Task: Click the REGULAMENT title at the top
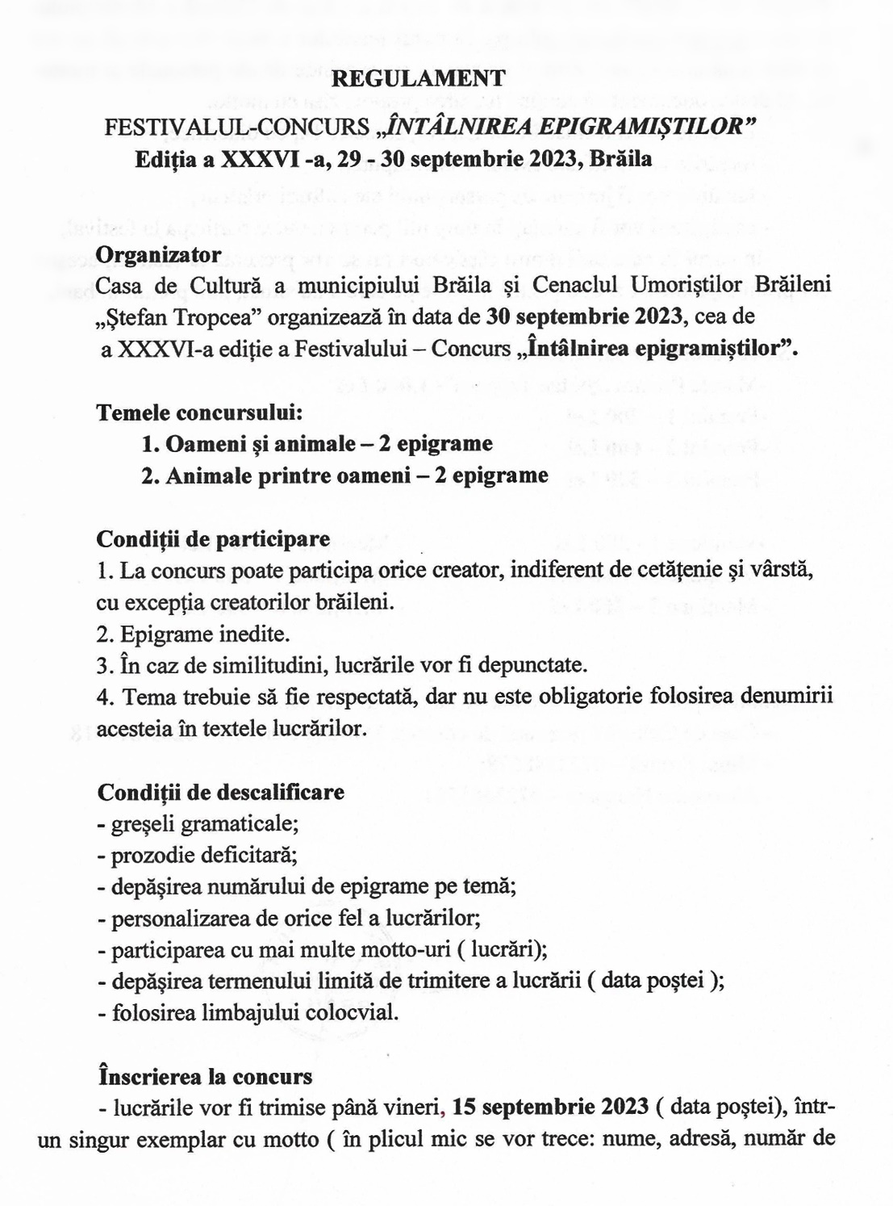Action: (419, 78)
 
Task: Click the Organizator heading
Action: (158, 254)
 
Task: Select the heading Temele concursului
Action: (199, 412)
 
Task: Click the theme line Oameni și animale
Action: (316, 444)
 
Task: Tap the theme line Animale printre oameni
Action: (344, 475)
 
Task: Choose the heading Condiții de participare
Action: (213, 538)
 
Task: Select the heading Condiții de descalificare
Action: (220, 792)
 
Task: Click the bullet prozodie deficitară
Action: (198, 855)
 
